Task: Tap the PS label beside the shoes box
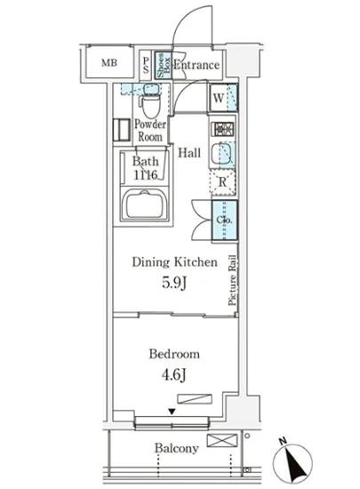(146, 63)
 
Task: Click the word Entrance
(196, 64)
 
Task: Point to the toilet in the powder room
(151, 106)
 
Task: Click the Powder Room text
(151, 132)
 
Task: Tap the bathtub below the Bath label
(148, 208)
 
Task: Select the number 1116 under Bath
(145, 176)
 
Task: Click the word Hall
(188, 153)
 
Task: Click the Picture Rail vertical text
(232, 281)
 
